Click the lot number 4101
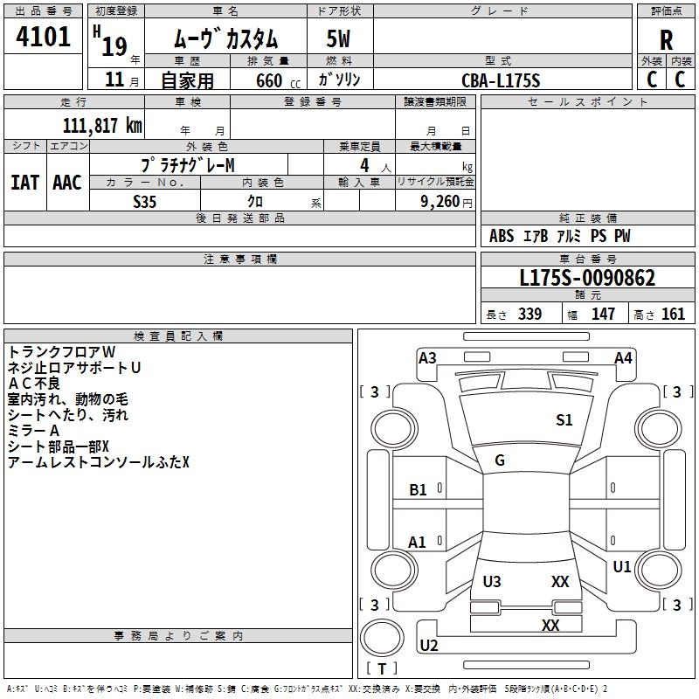[43, 37]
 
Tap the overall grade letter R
[666, 40]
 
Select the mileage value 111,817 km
[102, 126]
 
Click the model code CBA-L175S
[501, 80]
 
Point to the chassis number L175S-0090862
[587, 278]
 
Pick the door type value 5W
[338, 38]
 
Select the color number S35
[145, 202]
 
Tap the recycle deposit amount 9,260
[440, 201]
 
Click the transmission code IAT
[25, 183]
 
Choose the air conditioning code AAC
[67, 183]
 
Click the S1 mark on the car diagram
[564, 419]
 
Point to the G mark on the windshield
[500, 460]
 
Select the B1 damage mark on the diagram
[418, 490]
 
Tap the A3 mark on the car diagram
[427, 358]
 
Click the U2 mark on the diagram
[429, 645]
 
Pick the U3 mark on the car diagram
[492, 581]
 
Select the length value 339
[529, 314]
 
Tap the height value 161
[673, 314]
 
